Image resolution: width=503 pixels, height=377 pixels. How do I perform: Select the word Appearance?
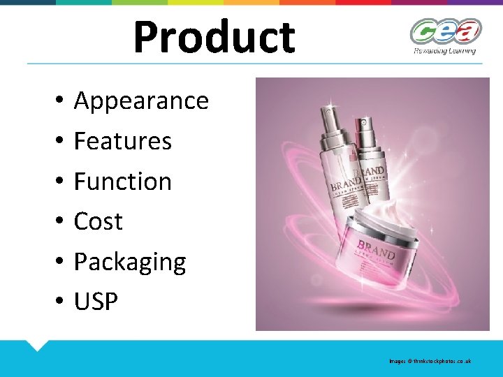coord(141,101)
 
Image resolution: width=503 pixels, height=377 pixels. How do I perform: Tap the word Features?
coord(122,141)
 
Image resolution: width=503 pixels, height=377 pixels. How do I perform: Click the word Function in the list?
coord(122,182)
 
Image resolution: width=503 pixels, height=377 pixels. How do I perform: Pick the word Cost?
coord(98,221)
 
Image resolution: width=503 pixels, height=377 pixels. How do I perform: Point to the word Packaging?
coord(129,262)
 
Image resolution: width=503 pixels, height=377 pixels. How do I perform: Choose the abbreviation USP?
coord(96,302)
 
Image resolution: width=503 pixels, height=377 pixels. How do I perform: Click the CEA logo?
coord(445,31)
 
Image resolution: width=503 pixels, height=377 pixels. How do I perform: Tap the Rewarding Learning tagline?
coord(444,50)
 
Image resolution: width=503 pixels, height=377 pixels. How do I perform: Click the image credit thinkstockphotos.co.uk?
coord(430,361)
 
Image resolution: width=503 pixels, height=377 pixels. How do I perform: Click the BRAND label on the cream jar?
coord(376,250)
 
